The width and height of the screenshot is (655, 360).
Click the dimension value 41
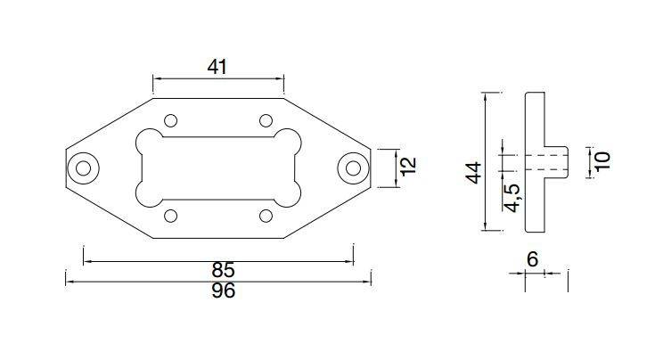click(217, 67)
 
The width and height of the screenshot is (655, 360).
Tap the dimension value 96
click(224, 291)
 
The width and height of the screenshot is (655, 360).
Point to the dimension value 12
click(408, 167)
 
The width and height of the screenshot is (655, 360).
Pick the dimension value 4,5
click(512, 198)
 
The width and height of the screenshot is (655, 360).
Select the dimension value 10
click(602, 161)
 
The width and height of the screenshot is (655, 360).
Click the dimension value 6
click(533, 259)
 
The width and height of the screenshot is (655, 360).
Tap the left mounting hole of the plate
click(86, 167)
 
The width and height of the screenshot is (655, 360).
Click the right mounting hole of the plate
click(352, 167)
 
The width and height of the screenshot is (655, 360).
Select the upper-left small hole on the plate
click(171, 120)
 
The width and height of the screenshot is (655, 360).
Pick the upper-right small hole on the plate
click(266, 120)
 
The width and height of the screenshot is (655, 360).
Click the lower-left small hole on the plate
click(171, 215)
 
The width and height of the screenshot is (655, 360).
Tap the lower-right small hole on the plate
click(266, 215)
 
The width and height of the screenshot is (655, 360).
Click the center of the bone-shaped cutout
click(218, 167)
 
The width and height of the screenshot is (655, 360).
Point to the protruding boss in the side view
click(556, 161)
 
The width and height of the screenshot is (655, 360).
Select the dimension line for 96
click(134, 282)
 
